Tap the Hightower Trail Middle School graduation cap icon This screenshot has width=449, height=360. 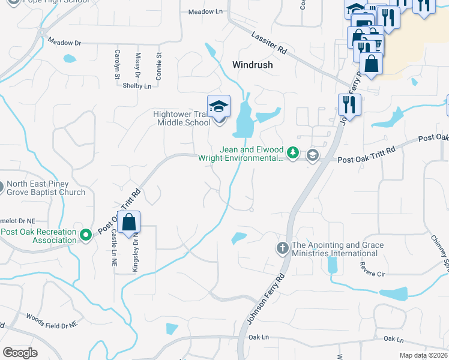pos(218,107)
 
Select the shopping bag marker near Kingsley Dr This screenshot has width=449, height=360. pos(129,223)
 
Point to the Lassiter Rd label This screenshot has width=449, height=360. pos(269,44)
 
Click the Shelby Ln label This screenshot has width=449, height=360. pos(137,86)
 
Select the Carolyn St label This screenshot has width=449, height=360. pos(117,64)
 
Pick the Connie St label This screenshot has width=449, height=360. pos(158,66)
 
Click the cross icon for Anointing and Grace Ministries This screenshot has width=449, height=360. pos(283,247)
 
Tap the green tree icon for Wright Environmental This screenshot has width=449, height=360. pos(292,154)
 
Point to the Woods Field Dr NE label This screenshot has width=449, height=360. pos(52,320)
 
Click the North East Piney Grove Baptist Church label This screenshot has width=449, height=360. pos(46,188)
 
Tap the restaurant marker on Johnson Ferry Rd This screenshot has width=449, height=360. pos(349,105)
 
